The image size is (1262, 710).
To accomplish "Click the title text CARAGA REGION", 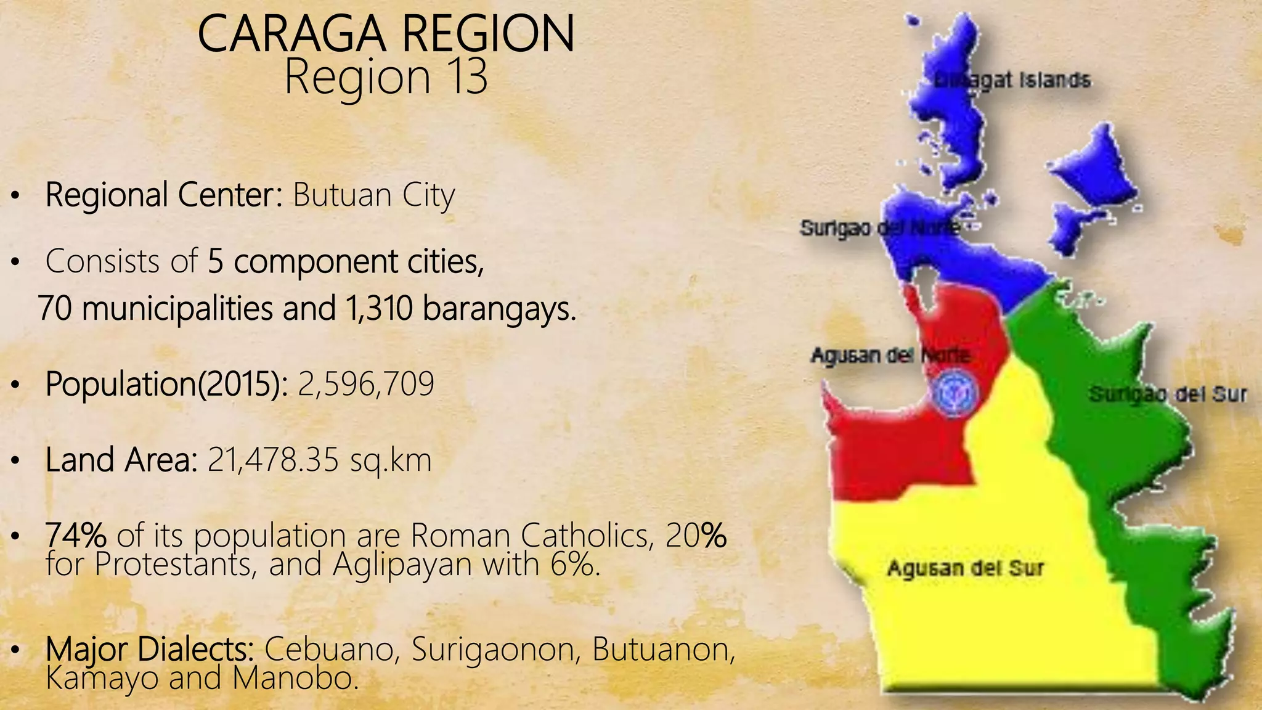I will click(x=386, y=35).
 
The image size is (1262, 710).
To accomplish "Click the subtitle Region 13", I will click(x=386, y=77).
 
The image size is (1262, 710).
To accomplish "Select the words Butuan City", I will click(x=373, y=195).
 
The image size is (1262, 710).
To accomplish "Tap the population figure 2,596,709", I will click(x=366, y=384).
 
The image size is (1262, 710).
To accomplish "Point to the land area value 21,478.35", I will click(x=273, y=460).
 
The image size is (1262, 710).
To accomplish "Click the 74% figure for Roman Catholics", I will click(x=76, y=535).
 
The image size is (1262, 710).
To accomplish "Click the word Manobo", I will click(x=295, y=678).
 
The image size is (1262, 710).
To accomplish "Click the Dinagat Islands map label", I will click(x=1012, y=81).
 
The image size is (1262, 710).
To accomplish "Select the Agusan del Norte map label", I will click(x=890, y=356).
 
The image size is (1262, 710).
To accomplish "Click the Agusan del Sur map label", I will click(x=966, y=568).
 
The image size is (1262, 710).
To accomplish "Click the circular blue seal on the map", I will click(x=955, y=393).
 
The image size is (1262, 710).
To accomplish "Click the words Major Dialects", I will click(x=150, y=649).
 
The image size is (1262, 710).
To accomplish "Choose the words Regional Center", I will click(x=163, y=195).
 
